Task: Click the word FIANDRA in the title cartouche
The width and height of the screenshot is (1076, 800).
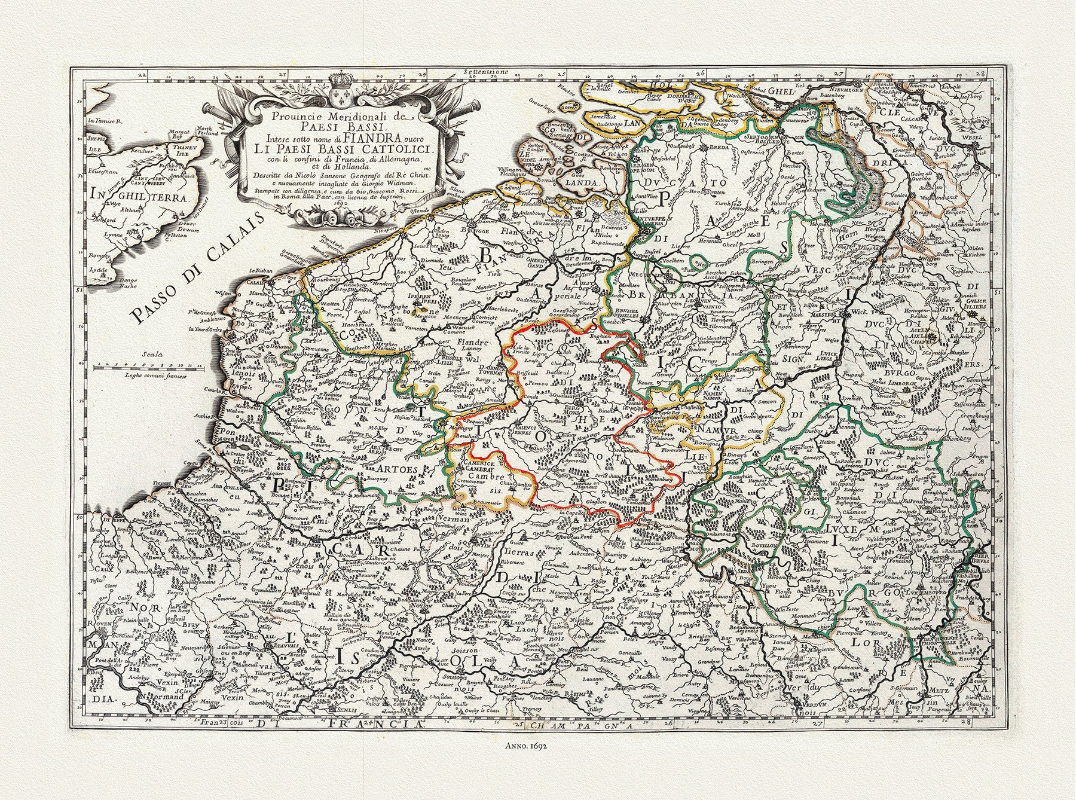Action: [383, 137]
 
